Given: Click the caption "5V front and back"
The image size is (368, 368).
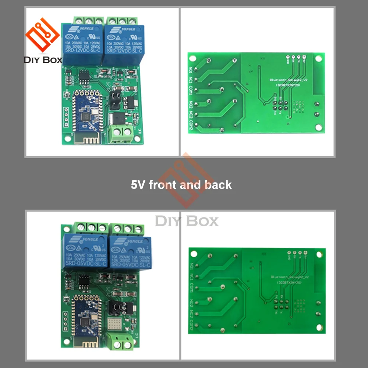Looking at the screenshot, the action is (x=181, y=184).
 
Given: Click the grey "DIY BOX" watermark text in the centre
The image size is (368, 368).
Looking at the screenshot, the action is (x=187, y=222).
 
